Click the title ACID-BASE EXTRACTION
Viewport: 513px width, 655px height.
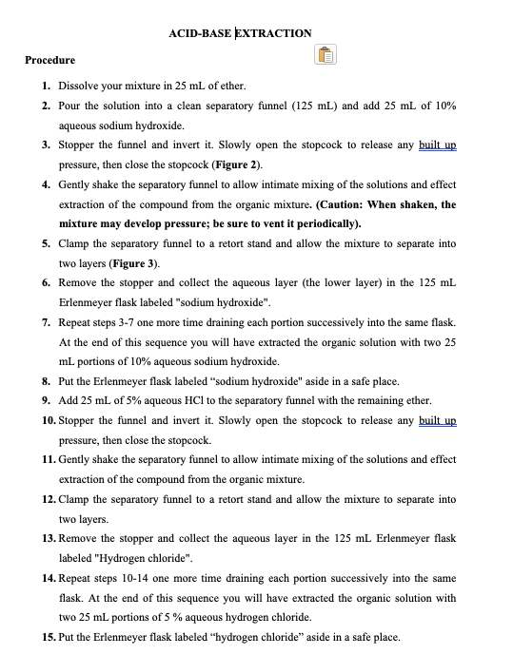pyautogui.click(x=240, y=33)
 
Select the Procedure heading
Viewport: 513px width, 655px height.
pyautogui.click(x=49, y=60)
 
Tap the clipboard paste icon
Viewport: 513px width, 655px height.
pyautogui.click(x=326, y=56)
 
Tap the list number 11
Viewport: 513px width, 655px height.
pyautogui.click(x=47, y=459)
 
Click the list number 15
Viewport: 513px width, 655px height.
pyautogui.click(x=47, y=637)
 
